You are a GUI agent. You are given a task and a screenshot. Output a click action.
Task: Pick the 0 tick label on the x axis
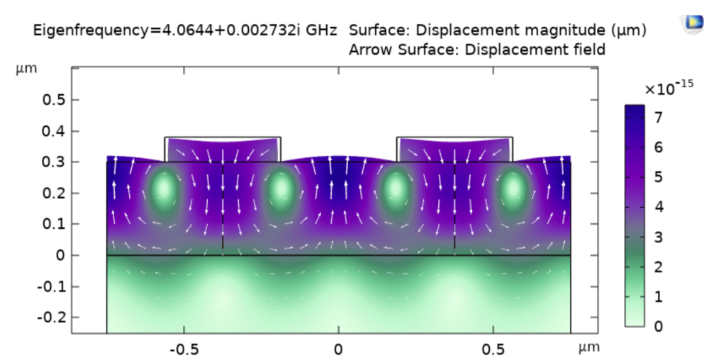point(337,349)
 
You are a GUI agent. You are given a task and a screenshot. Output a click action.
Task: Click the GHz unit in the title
point(322,31)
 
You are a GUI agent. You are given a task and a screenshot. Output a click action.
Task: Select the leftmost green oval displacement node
point(164,189)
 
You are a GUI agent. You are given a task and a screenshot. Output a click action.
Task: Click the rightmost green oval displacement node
point(513,189)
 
